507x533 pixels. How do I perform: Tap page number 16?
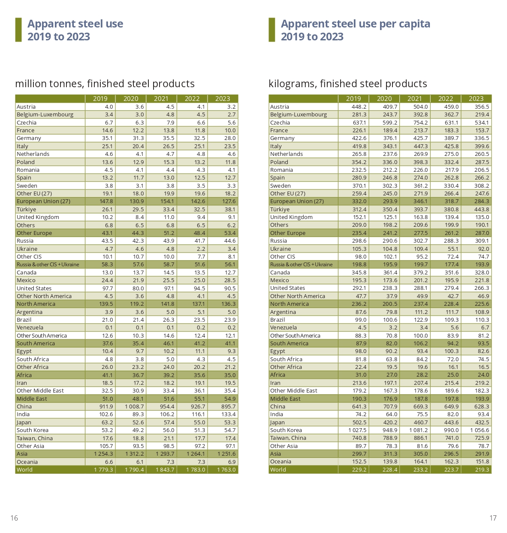coord(14,518)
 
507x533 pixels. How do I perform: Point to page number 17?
coord(493,518)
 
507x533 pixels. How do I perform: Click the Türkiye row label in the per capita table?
coord(280,210)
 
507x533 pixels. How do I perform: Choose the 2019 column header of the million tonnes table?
coord(100,99)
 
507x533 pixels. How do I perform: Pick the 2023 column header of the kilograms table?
coord(476,99)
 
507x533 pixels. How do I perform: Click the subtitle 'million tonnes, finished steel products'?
coord(105,84)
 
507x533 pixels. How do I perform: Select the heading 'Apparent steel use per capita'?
coord(355,24)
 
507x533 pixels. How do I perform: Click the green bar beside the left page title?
coord(18,30)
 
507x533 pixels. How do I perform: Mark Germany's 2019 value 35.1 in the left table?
coord(107,138)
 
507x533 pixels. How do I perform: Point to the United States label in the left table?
coord(34,289)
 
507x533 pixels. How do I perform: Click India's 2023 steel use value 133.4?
coord(229,414)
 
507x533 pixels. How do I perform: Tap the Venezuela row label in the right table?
coord(283,328)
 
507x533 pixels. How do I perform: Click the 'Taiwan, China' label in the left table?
coord(35,439)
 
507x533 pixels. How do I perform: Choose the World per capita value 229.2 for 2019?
coord(359,470)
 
